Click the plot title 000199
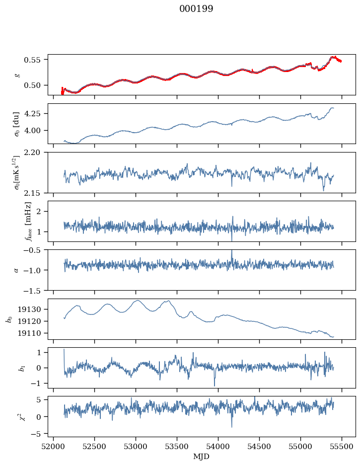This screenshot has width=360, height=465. pos(196,8)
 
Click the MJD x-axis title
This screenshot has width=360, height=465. pos(201,456)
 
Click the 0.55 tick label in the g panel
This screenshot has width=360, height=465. pos(32,60)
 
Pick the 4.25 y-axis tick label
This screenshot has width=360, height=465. pos(32,114)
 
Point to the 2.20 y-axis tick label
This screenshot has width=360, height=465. pos(32,153)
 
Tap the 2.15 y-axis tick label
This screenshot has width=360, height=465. pos(32,193)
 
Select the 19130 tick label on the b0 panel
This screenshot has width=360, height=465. pos(29,310)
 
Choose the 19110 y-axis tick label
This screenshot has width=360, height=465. pos(29,333)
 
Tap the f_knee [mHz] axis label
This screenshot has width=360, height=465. pos(28,221)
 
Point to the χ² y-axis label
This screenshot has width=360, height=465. pos(22,417)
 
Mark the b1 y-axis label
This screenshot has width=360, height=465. pos(22,368)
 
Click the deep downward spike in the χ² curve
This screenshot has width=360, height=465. pos(232,426)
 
